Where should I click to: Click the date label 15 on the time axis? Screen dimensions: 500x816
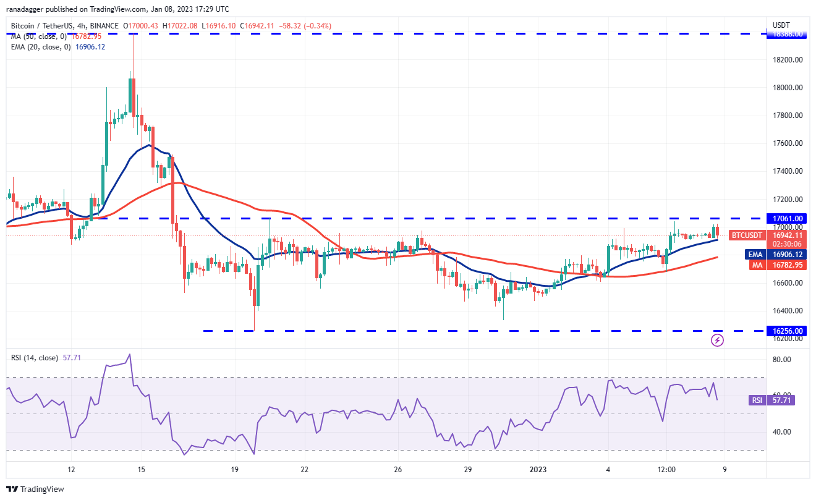click(x=142, y=469)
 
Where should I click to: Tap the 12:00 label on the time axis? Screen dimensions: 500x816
click(x=666, y=469)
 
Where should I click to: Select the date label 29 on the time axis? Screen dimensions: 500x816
click(x=468, y=469)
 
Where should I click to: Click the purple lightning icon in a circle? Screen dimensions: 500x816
click(x=717, y=340)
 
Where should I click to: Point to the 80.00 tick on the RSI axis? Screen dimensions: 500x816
click(x=783, y=360)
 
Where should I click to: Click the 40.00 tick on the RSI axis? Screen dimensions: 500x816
click(x=783, y=431)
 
